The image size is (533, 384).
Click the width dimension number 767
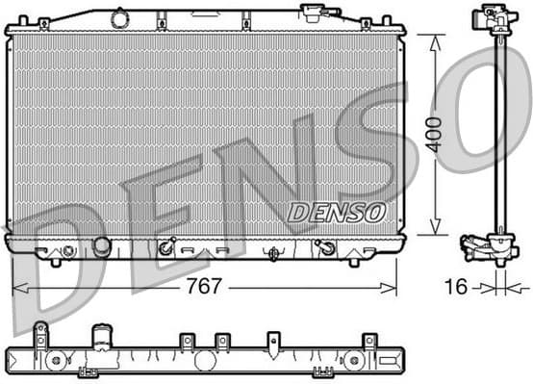[x=203, y=287]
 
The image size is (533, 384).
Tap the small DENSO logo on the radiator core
[x=336, y=211]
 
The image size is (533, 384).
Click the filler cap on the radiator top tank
[x=314, y=13]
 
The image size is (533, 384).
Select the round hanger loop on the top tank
[x=119, y=17]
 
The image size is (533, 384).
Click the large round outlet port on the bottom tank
[x=101, y=246]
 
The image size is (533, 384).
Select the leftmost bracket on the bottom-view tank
[x=40, y=336]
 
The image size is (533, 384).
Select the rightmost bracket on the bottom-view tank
[x=368, y=343]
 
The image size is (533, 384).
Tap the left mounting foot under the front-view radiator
[x=55, y=260]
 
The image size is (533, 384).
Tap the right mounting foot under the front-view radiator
[x=354, y=260]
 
